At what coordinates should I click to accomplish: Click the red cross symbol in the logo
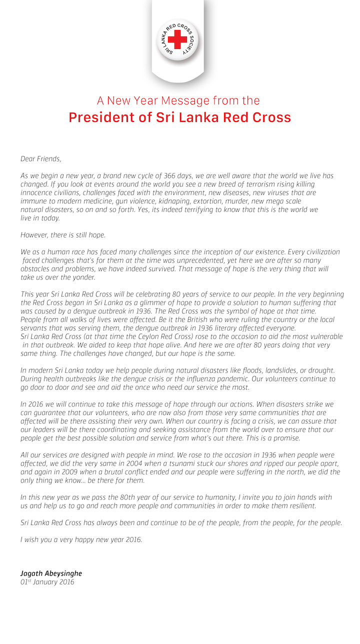tap(177, 39)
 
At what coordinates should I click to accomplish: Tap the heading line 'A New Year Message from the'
tap(179, 100)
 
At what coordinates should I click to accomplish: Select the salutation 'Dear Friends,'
tap(40, 159)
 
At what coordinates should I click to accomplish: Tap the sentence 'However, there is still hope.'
tap(63, 235)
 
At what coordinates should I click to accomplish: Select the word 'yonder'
tap(80, 277)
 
